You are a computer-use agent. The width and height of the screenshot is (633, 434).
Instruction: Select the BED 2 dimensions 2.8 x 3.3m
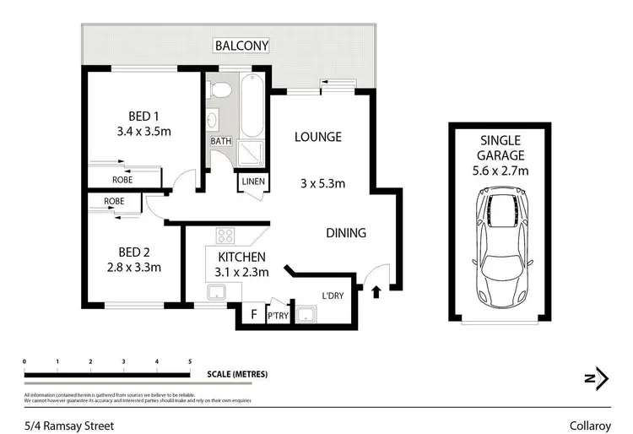(133, 268)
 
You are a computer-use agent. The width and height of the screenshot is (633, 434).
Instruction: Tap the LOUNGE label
(317, 137)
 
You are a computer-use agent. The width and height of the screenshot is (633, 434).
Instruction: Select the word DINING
(346, 233)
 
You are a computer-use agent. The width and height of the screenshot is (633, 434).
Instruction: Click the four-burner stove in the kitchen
(226, 236)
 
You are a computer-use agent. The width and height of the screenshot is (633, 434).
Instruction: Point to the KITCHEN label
(242, 257)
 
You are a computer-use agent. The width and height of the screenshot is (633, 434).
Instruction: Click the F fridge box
(253, 315)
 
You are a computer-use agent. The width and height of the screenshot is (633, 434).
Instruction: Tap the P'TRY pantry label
(277, 316)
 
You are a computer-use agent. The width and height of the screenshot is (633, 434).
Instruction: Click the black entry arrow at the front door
(376, 292)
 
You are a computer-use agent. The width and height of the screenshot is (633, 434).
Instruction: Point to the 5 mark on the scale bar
(190, 361)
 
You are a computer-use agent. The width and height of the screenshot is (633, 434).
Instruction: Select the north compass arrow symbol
(598, 378)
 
